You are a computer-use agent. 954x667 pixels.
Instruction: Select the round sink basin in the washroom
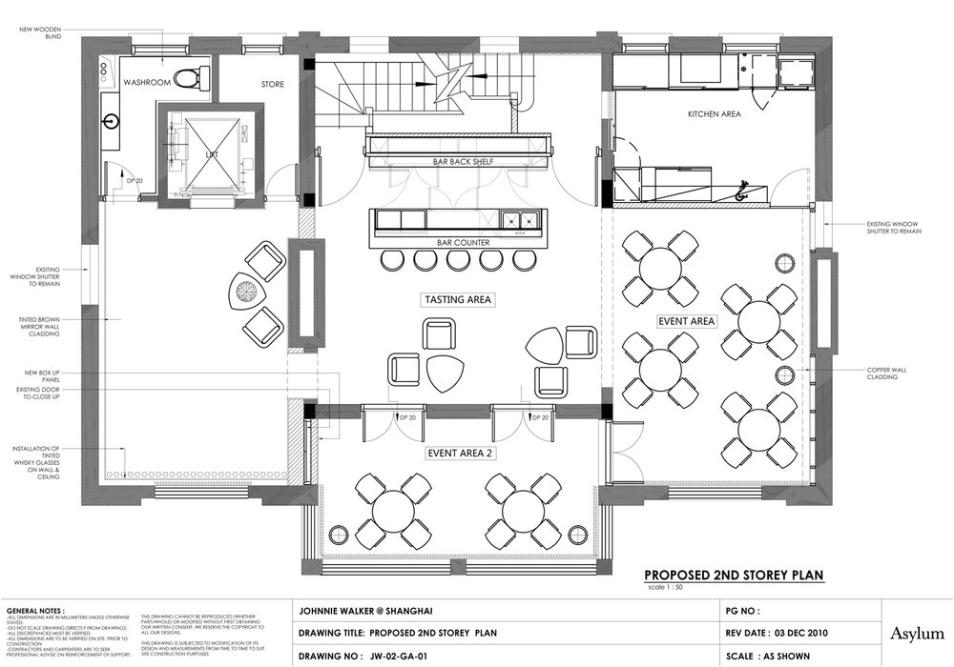click(112, 121)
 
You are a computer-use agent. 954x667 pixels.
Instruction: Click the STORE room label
click(273, 85)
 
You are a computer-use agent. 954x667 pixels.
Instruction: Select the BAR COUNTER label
click(464, 243)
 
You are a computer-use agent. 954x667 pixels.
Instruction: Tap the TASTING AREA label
click(458, 299)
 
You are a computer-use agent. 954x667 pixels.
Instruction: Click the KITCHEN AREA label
click(715, 114)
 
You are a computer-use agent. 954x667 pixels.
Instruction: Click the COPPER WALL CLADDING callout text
click(891, 374)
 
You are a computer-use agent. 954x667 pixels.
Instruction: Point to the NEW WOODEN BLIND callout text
click(40, 33)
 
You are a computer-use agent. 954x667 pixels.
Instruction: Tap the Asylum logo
click(918, 632)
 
